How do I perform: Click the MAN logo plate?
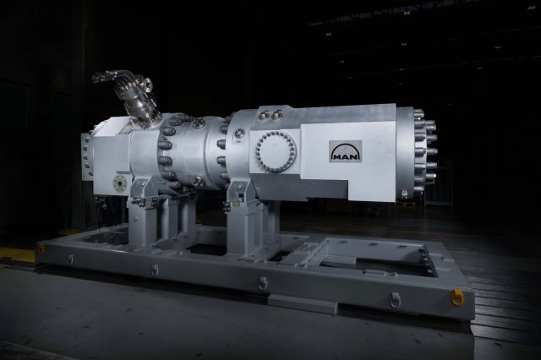345,152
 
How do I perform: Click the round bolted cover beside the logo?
279,151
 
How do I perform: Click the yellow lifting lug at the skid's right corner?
457,297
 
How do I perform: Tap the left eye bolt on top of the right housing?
264,116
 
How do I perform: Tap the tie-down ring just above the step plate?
263,284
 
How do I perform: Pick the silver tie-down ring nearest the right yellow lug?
393,299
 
